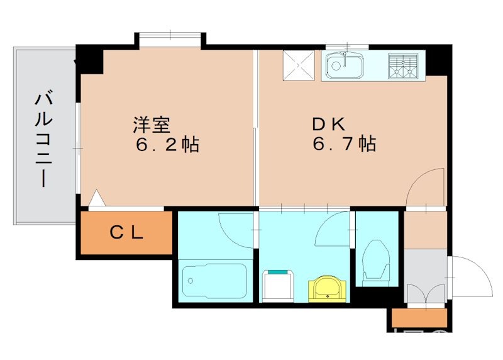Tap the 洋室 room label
151,124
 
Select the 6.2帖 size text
167,145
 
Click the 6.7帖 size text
344,145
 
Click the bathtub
214,281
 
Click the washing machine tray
279,287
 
